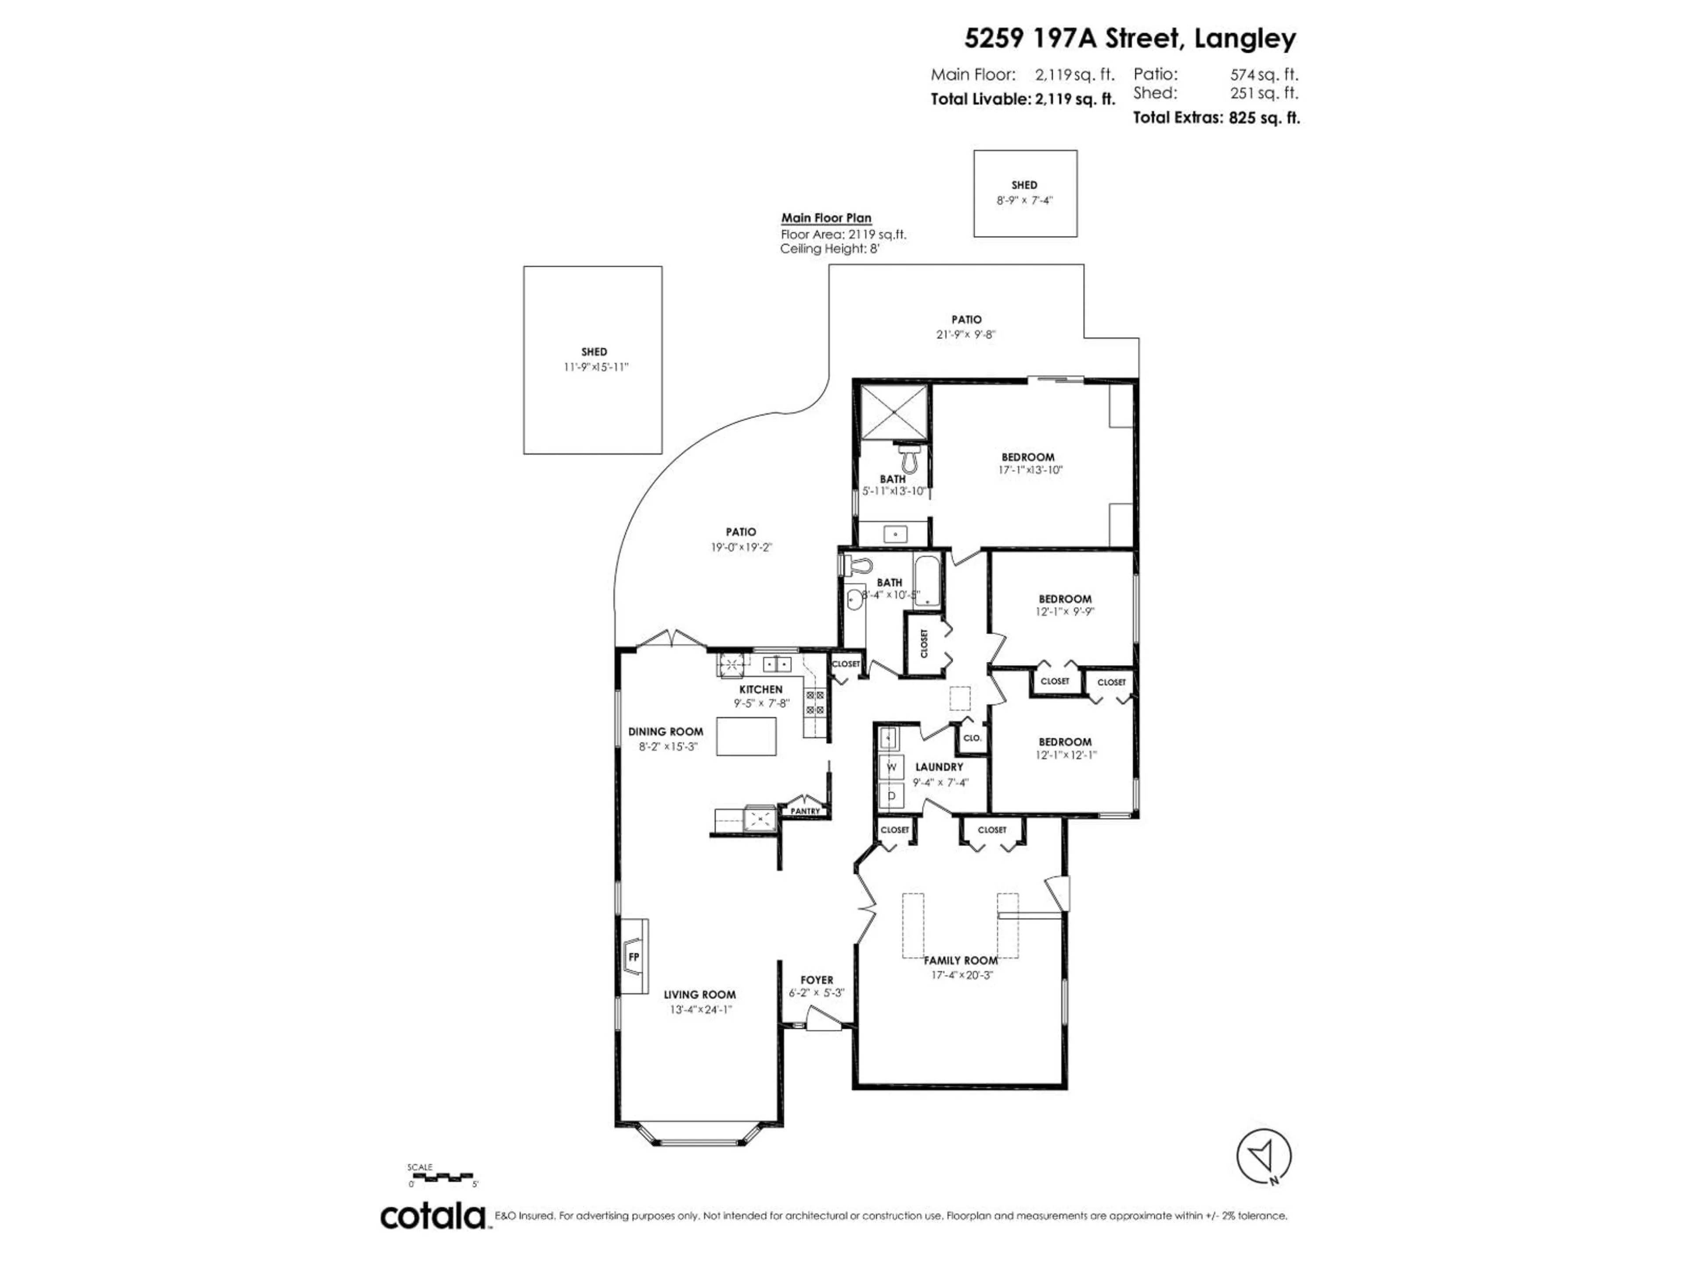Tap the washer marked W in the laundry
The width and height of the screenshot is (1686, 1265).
tap(891, 767)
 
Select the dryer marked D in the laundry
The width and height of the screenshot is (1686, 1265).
tap(891, 796)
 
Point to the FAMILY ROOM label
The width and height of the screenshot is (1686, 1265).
tap(960, 961)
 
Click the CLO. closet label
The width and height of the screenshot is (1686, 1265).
tap(972, 738)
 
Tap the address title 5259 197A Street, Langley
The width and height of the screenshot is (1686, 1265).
tap(1130, 38)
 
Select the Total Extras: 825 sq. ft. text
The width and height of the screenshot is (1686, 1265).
tap(1216, 117)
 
